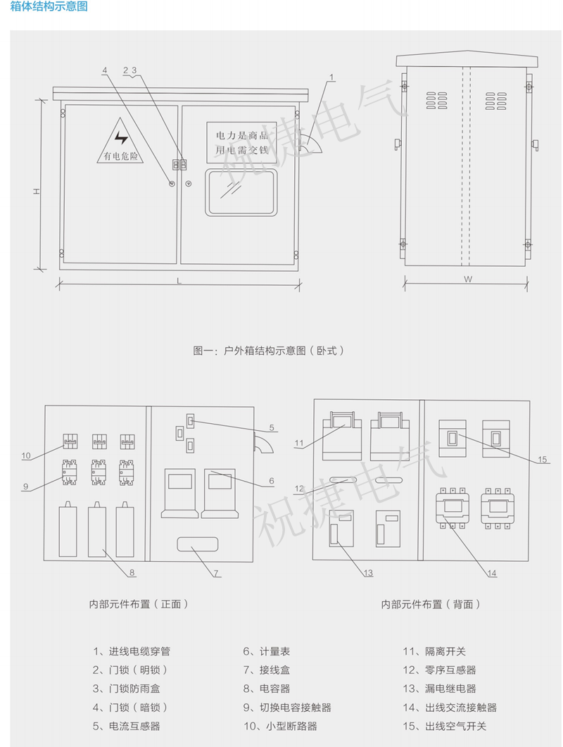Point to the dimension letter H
[x=35, y=192]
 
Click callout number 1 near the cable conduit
[x=331, y=76]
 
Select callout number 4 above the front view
[x=105, y=70]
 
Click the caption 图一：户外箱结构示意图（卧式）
[x=268, y=349]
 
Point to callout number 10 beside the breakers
[x=26, y=456]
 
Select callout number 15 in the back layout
[x=542, y=460]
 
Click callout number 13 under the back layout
[x=368, y=572]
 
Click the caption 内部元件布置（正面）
[x=138, y=604]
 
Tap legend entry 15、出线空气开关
[x=444, y=726]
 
